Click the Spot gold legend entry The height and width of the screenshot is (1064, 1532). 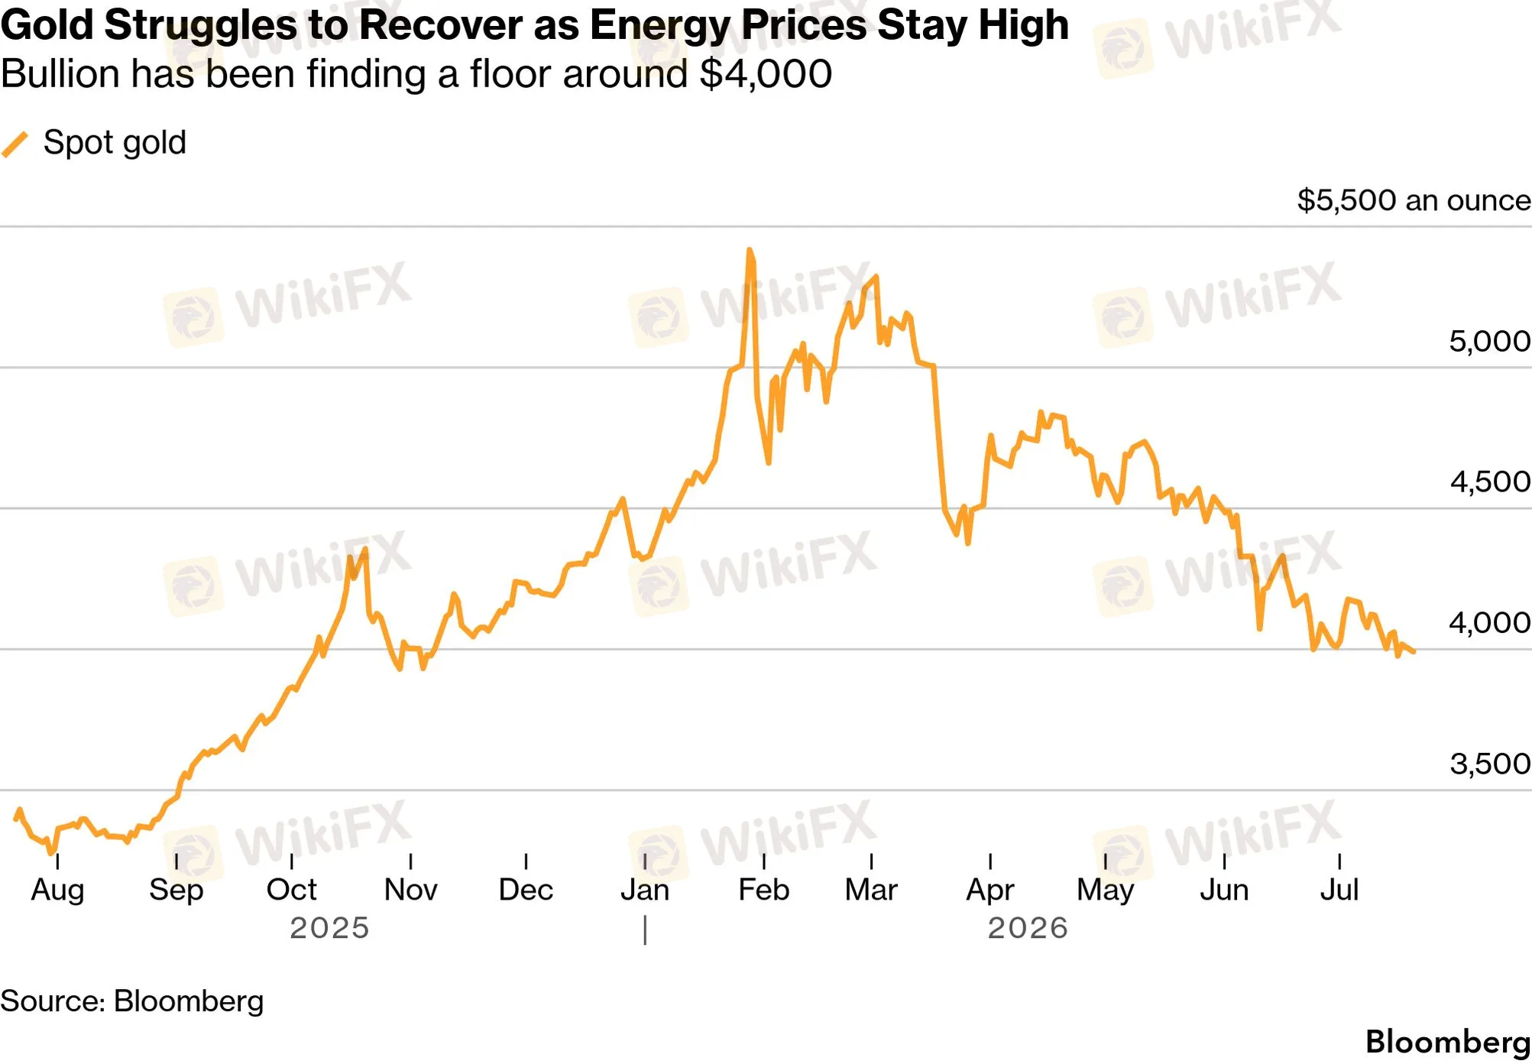(x=94, y=143)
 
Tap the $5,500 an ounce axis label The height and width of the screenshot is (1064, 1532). (x=1414, y=200)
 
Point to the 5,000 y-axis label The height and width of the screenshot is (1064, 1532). (x=1489, y=341)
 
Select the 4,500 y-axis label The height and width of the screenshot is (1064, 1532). (x=1489, y=482)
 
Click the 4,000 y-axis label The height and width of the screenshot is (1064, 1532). (x=1489, y=623)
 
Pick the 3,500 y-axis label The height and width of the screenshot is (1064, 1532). (x=1489, y=764)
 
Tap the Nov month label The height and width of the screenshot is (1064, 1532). (x=410, y=890)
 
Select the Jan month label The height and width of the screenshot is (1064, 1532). (x=645, y=890)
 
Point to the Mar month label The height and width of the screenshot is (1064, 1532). (x=871, y=890)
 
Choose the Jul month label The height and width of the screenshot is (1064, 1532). (x=1339, y=890)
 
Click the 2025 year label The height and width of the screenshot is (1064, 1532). (x=329, y=928)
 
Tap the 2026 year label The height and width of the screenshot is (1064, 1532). (x=1028, y=928)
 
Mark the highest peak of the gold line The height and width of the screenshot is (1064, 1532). (x=750, y=249)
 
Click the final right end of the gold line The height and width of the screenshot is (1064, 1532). (x=1414, y=652)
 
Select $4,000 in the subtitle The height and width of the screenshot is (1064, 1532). (x=766, y=75)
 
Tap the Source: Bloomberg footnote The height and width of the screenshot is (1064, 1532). (x=132, y=1001)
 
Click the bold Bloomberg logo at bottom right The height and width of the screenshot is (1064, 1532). (x=1448, y=1043)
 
